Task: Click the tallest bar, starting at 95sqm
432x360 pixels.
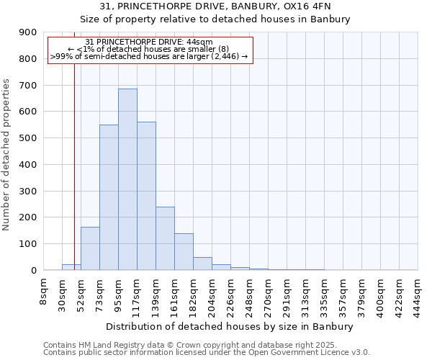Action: pyautogui.click(x=127, y=179)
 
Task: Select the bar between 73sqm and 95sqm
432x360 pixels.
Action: pyautogui.click(x=109, y=197)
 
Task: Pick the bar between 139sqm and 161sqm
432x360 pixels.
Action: pyautogui.click(x=165, y=238)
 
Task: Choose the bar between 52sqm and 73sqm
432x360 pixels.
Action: pyautogui.click(x=90, y=248)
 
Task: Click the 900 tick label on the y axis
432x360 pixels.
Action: pyautogui.click(x=27, y=32)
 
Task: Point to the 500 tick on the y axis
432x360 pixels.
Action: pyautogui.click(x=27, y=138)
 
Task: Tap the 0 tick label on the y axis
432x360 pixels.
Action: pyautogui.click(x=33, y=270)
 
